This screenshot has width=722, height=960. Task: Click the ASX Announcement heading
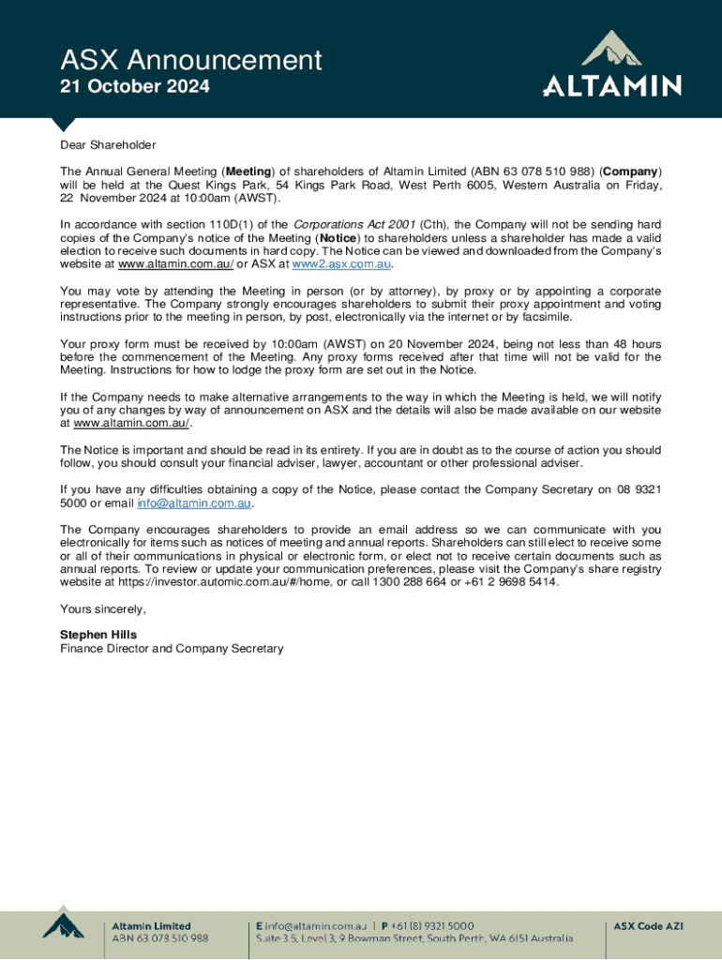coord(190,61)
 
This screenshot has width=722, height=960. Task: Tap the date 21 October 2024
coord(134,87)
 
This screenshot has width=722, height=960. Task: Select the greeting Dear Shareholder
coord(108,145)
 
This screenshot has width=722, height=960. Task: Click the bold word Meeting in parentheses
coord(248,172)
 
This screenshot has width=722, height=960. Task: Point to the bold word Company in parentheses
coord(631,172)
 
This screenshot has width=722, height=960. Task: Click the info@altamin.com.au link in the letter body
coord(194,503)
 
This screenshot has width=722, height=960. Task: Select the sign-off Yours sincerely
coord(103,609)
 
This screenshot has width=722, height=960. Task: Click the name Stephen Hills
coord(98,635)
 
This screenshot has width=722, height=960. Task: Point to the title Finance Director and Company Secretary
coord(172,649)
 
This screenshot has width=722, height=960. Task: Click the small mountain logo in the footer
coord(64,928)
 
